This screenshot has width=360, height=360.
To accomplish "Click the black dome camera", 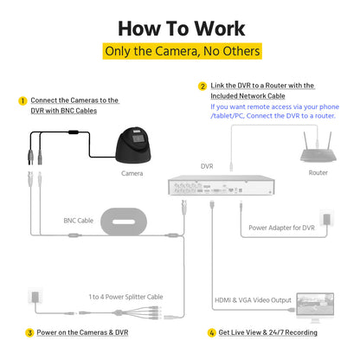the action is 133,145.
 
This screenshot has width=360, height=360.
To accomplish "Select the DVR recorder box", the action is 222,185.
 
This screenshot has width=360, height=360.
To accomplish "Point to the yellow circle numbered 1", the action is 22,101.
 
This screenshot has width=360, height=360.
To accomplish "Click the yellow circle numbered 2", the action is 202,87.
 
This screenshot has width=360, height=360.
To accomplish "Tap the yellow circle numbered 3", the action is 29,332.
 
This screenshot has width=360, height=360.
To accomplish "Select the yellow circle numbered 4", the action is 212,332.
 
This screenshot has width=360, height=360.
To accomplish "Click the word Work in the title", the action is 220,29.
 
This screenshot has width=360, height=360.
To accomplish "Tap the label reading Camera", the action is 132,173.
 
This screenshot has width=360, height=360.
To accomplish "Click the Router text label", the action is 318,172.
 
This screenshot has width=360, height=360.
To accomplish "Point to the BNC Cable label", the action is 79,221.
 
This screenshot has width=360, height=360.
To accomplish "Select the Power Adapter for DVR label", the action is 282,228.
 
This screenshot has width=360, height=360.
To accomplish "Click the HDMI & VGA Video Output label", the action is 253,300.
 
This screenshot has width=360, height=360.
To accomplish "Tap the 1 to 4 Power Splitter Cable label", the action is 125,297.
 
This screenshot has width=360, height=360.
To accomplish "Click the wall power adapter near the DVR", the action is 326,219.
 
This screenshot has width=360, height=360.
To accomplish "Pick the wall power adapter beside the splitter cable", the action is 35,296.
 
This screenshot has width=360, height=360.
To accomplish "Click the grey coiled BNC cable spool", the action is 124,222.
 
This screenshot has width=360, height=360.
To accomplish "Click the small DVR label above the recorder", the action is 207,166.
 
